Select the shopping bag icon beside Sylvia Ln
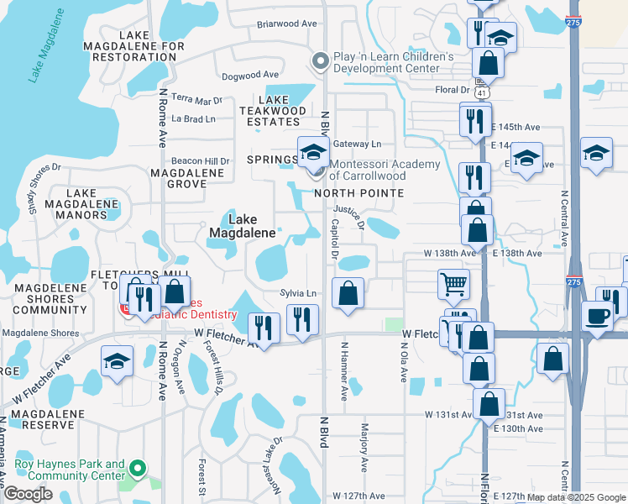click(348, 293)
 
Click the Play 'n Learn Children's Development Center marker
click(319, 61)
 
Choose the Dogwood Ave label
click(250, 76)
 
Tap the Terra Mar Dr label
click(196, 98)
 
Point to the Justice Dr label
click(349, 218)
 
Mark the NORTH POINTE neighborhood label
click(358, 193)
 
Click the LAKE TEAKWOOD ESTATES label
click(272, 110)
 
